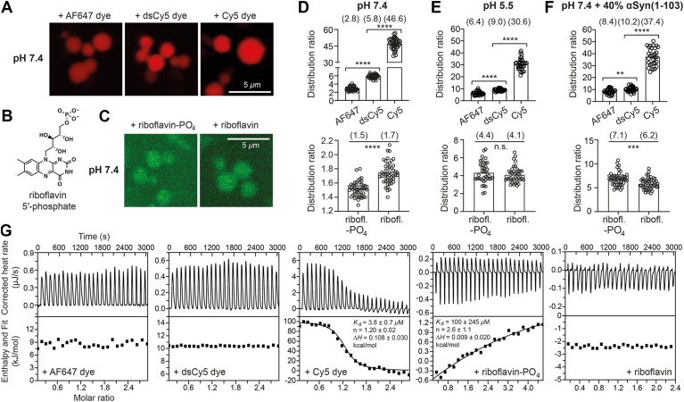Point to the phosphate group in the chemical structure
pyautogui.click(x=62, y=120)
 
